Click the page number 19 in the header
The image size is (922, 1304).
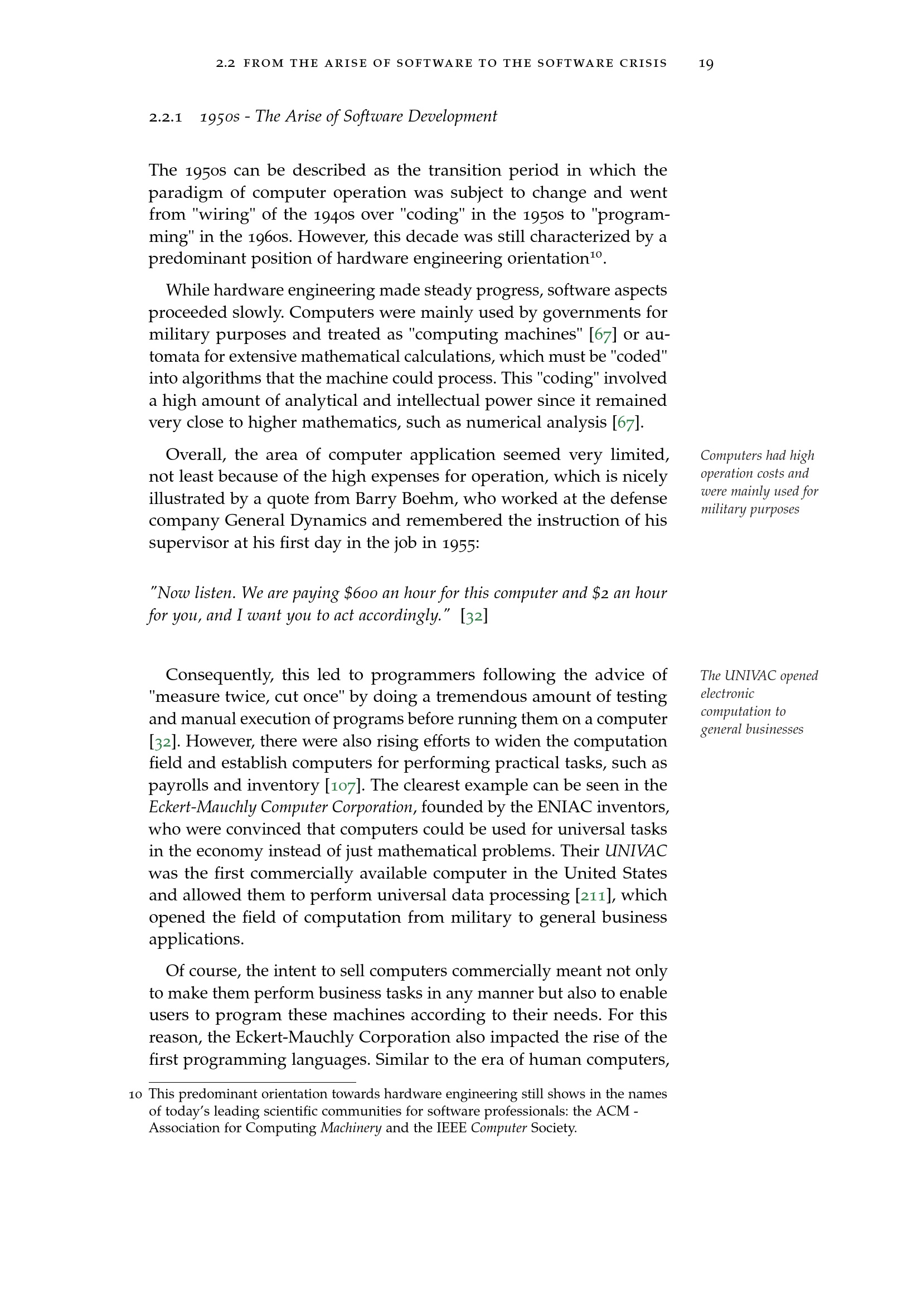706,64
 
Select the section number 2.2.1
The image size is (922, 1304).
165,118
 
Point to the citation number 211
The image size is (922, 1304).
593,896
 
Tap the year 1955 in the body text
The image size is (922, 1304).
459,544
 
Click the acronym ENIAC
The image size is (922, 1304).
559,808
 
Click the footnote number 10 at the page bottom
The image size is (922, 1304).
135,1094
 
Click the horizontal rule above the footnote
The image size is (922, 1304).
252,1083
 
